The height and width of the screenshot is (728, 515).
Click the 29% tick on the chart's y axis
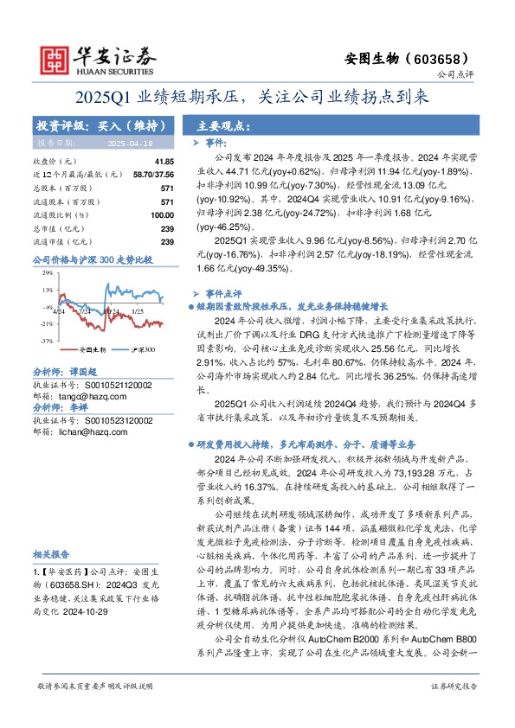tap(48, 273)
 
